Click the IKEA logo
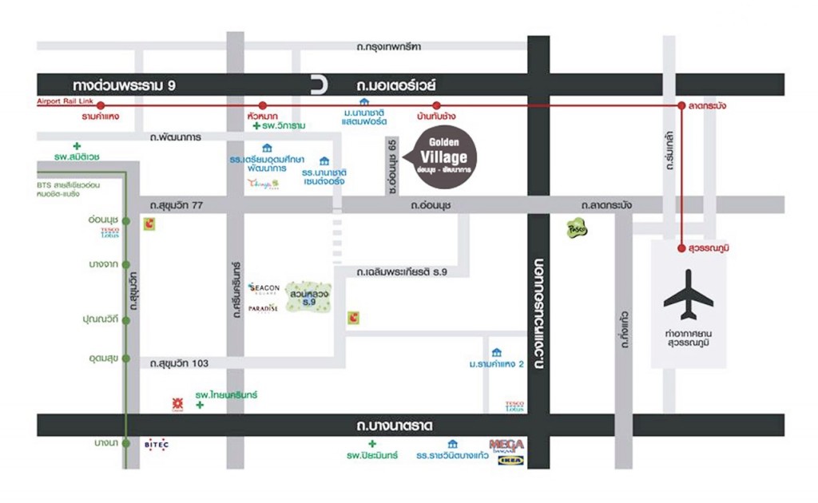point(511,460)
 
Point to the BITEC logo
point(157,444)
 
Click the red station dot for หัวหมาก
point(262,105)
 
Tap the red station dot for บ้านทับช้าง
point(436,105)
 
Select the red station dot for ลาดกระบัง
point(681,105)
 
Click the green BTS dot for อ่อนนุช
point(126,220)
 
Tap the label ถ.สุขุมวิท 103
point(180,363)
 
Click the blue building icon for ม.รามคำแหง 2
point(497,351)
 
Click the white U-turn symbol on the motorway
point(319,84)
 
